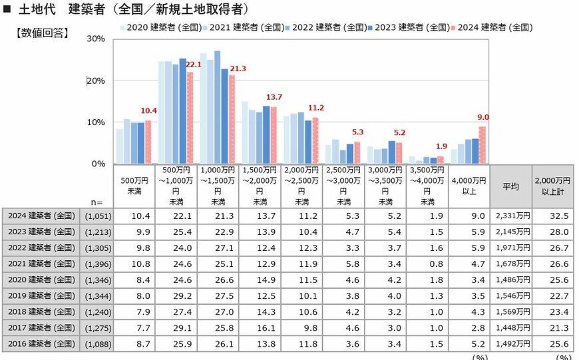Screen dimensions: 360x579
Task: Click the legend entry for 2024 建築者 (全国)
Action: pyautogui.click(x=492, y=28)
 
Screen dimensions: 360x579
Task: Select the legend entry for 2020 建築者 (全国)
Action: pyautogui.click(x=160, y=28)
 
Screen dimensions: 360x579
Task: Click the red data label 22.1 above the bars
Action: pyautogui.click(x=193, y=64)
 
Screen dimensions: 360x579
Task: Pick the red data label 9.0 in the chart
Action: pyautogui.click(x=482, y=118)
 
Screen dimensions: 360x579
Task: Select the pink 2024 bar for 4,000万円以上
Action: pyautogui.click(x=482, y=145)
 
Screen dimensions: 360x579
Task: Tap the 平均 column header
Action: pyautogui.click(x=510, y=186)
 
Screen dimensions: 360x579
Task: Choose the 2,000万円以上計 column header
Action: pyautogui.click(x=552, y=186)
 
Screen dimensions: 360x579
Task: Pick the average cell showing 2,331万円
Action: pyautogui.click(x=510, y=215)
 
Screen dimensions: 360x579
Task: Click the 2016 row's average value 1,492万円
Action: pyautogui.click(x=510, y=343)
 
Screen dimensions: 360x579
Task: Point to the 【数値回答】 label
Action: pyautogui.click(x=41, y=33)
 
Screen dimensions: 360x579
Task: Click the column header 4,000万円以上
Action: pyautogui.click(x=469, y=186)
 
